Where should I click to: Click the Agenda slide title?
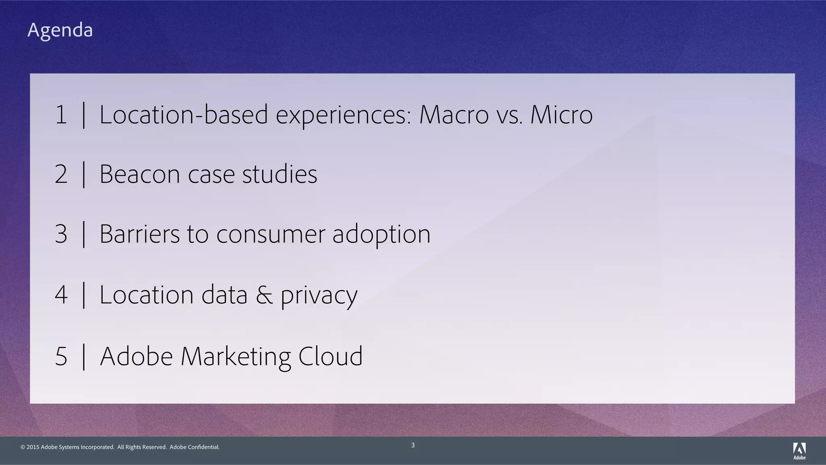pyautogui.click(x=60, y=30)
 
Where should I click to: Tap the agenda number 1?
pyautogui.click(x=61, y=115)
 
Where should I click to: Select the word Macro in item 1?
pyautogui.click(x=454, y=115)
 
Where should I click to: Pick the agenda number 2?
pyautogui.click(x=61, y=175)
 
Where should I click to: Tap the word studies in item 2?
pyautogui.click(x=280, y=175)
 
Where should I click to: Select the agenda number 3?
pyautogui.click(x=61, y=234)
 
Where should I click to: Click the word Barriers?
pyautogui.click(x=140, y=234)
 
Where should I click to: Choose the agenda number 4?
pyautogui.click(x=61, y=295)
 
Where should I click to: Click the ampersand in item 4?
pyautogui.click(x=264, y=295)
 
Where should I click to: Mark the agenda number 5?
pyautogui.click(x=61, y=357)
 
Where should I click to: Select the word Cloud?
pyautogui.click(x=330, y=357)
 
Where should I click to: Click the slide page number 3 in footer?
pyautogui.click(x=413, y=445)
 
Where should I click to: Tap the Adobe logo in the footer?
pyautogui.click(x=799, y=451)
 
